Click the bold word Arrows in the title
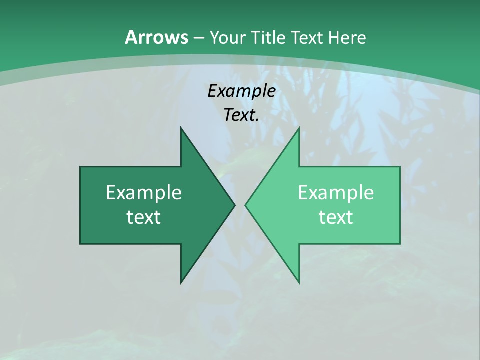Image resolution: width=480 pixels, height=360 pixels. pyautogui.click(x=156, y=37)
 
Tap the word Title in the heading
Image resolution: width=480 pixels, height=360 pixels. pyautogui.click(x=267, y=38)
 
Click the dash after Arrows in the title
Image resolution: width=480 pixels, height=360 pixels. pyautogui.click(x=198, y=38)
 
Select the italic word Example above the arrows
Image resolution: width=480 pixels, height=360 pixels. pyautogui.click(x=241, y=91)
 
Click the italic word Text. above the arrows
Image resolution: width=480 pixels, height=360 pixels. pyautogui.click(x=241, y=115)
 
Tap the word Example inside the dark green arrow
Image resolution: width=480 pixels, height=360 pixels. pyautogui.click(x=143, y=193)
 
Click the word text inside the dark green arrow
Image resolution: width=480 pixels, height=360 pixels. pyautogui.click(x=143, y=217)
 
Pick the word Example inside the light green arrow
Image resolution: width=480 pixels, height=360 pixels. pyautogui.click(x=336, y=193)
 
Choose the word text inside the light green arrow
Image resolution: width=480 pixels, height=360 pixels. pyautogui.click(x=336, y=217)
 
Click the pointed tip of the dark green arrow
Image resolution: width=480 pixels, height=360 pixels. pyautogui.click(x=234, y=205)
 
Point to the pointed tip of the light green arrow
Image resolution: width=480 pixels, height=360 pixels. pyautogui.click(x=246, y=205)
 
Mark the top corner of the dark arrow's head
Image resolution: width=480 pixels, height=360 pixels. pyautogui.click(x=181, y=128)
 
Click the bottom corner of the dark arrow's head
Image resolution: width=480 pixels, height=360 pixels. pyautogui.click(x=181, y=282)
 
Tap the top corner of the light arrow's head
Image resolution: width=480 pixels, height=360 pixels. pyautogui.click(x=299, y=128)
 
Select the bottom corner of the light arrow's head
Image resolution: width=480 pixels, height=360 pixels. pyautogui.click(x=299, y=282)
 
